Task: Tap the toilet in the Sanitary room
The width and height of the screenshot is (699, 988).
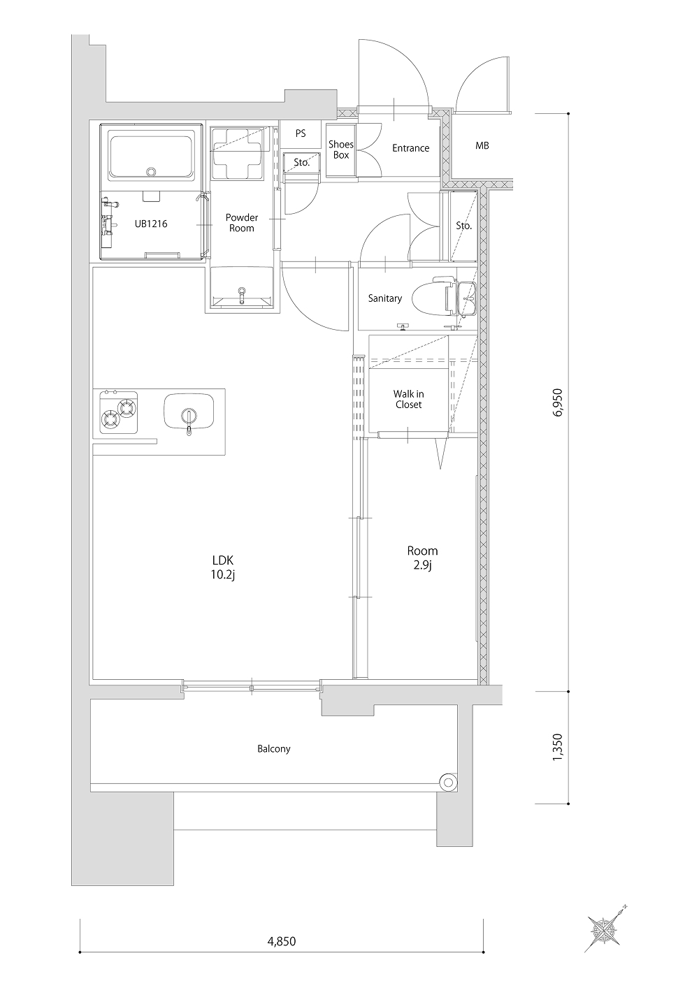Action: click(x=433, y=296)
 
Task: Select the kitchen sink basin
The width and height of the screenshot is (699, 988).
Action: click(x=189, y=412)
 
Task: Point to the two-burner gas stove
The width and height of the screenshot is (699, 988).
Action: click(x=119, y=412)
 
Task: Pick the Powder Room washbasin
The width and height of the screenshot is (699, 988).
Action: click(x=241, y=288)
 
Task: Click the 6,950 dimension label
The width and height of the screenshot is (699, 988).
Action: click(x=558, y=402)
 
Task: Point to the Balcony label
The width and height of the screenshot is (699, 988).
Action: click(x=273, y=748)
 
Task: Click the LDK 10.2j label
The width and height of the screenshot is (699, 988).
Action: click(x=223, y=567)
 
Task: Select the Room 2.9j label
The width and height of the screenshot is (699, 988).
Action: click(x=422, y=558)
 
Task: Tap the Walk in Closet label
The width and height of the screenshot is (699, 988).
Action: click(x=409, y=399)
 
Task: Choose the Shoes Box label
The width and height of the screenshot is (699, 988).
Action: click(x=341, y=150)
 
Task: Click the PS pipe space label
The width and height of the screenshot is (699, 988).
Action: click(x=301, y=133)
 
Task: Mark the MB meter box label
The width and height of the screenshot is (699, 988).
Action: click(x=482, y=145)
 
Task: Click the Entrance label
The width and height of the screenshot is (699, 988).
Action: click(x=411, y=148)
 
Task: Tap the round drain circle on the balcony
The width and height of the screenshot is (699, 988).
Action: click(x=448, y=783)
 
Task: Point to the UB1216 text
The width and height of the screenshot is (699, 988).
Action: click(x=151, y=224)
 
